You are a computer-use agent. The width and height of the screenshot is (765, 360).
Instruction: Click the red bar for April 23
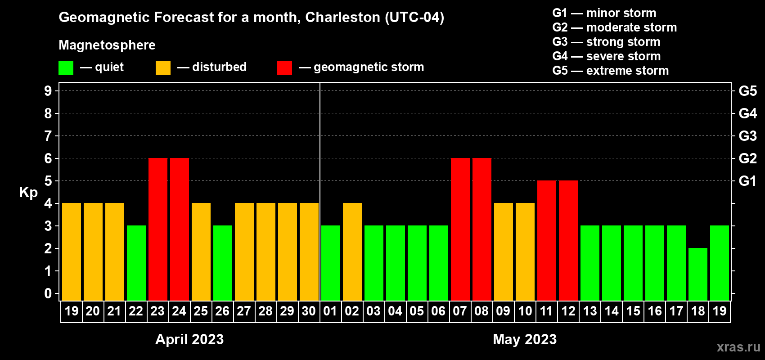pos(158,229)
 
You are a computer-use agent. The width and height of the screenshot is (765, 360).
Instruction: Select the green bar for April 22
pos(136,263)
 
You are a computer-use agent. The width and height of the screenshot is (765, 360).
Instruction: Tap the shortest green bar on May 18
pos(698,274)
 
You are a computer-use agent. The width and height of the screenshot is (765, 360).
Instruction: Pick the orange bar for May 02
pos(352,252)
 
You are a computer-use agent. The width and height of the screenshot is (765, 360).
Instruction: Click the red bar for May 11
pos(547,240)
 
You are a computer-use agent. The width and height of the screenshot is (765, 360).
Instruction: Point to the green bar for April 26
pos(223,263)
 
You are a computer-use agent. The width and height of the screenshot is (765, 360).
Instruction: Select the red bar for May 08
pos(482,229)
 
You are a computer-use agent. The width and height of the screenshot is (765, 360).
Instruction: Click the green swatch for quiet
pos(66,68)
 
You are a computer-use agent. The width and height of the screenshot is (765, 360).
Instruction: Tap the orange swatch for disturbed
pos(163,68)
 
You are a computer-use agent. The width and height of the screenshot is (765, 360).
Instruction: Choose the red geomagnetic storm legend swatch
pos(284,68)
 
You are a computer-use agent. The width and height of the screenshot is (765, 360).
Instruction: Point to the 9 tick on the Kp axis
pos(48,91)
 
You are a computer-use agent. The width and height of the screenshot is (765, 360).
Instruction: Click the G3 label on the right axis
pos(747,136)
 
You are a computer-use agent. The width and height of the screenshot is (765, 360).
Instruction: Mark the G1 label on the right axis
pos(747,181)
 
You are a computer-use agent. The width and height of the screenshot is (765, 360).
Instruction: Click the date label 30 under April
pos(309,311)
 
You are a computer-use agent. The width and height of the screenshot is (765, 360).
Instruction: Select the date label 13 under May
pos(589,311)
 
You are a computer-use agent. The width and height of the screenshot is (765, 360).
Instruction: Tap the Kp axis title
pos(28,193)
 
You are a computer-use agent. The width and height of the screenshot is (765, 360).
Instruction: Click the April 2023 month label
pos(189,339)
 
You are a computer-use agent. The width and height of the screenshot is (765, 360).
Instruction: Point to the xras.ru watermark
pos(738,346)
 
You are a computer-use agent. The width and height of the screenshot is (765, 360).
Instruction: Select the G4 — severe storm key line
pos(607,56)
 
